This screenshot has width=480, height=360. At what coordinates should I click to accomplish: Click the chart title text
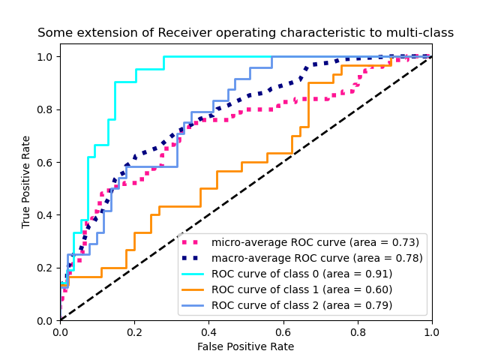pyautogui.click(x=245, y=33)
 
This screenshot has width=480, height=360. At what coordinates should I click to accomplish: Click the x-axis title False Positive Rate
pyautogui.click(x=245, y=346)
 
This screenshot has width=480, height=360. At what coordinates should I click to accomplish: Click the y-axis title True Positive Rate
pyautogui.click(x=26, y=181)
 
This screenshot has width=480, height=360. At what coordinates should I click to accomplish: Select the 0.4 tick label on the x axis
pyautogui.click(x=208, y=332)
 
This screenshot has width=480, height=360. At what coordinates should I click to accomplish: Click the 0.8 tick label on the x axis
pyautogui.click(x=357, y=332)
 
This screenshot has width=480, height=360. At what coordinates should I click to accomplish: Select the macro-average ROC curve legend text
pyautogui.click(x=316, y=258)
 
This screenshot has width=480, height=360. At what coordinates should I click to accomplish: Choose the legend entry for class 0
pyautogui.click(x=301, y=274)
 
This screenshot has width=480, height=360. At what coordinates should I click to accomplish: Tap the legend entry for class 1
pyautogui.click(x=301, y=289)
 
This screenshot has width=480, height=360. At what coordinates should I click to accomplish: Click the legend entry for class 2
pyautogui.click(x=301, y=305)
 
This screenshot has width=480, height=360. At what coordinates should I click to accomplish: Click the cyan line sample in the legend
pyautogui.click(x=193, y=274)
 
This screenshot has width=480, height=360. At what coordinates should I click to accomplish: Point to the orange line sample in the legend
pyautogui.click(x=193, y=289)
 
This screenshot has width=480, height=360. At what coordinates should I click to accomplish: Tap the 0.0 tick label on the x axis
pyautogui.click(x=60, y=332)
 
